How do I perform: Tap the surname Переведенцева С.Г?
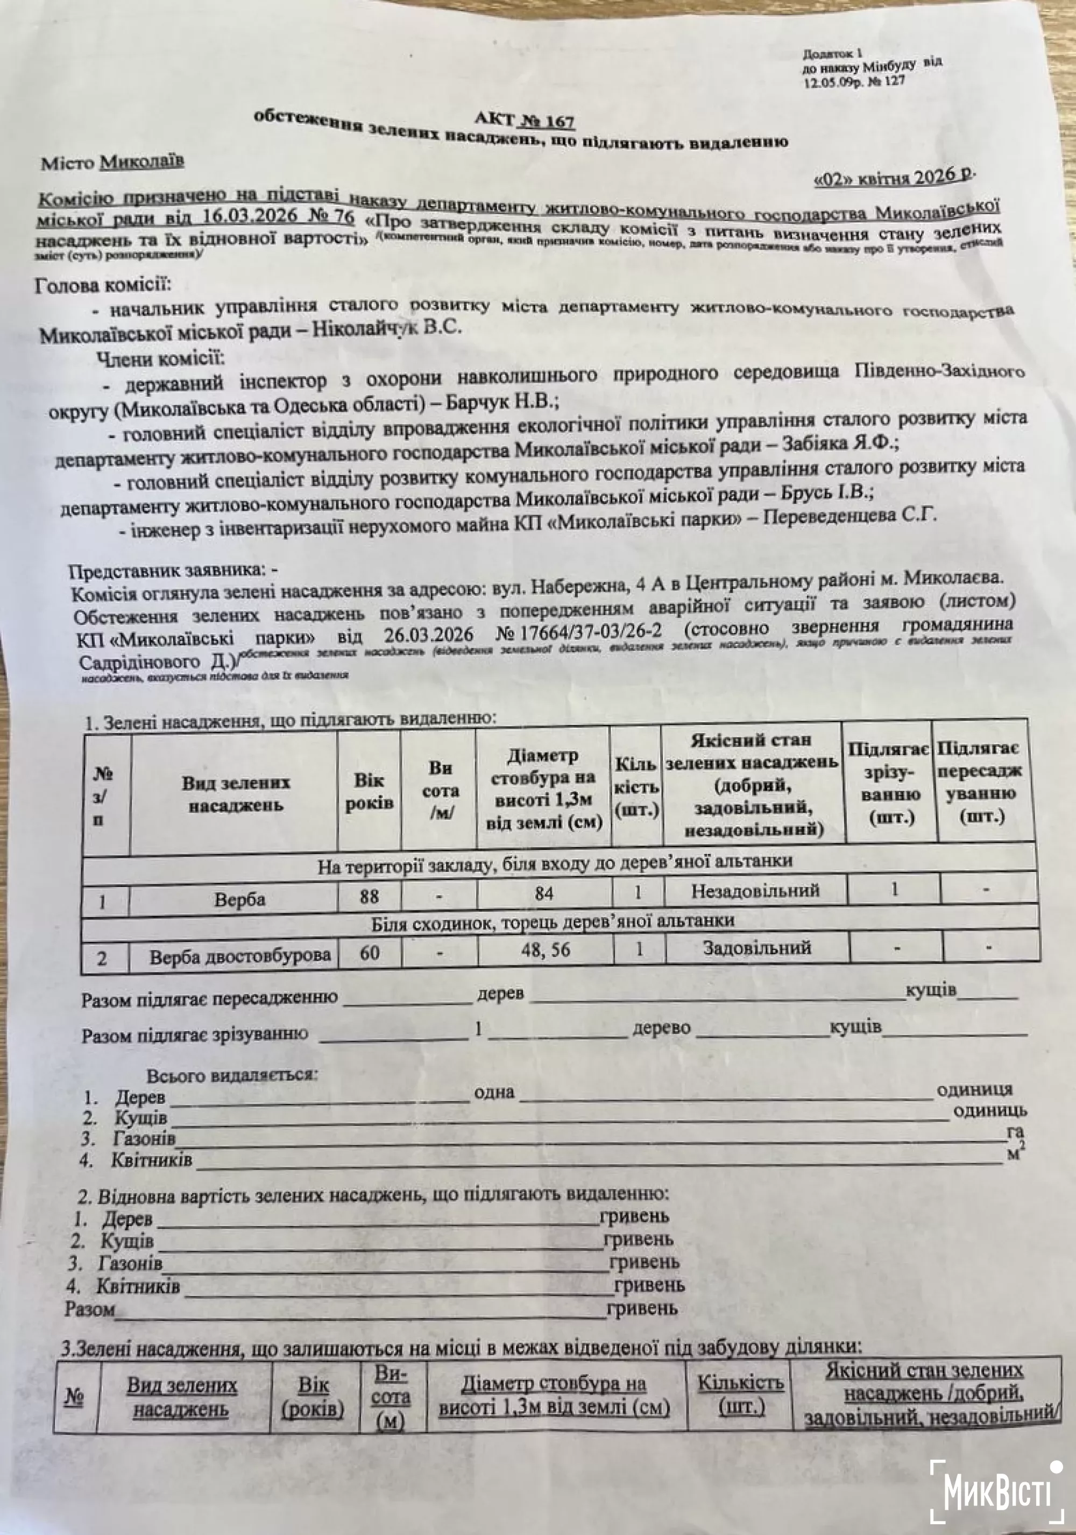(x=850, y=516)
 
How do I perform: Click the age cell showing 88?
(x=369, y=896)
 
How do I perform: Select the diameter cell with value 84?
(x=544, y=893)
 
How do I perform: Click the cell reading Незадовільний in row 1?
(x=755, y=891)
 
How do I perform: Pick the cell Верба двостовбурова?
(x=240, y=956)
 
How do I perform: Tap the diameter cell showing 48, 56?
(x=546, y=950)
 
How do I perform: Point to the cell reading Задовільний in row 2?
(x=756, y=947)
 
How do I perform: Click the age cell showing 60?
(x=370, y=953)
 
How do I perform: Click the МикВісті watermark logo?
(x=996, y=1492)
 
